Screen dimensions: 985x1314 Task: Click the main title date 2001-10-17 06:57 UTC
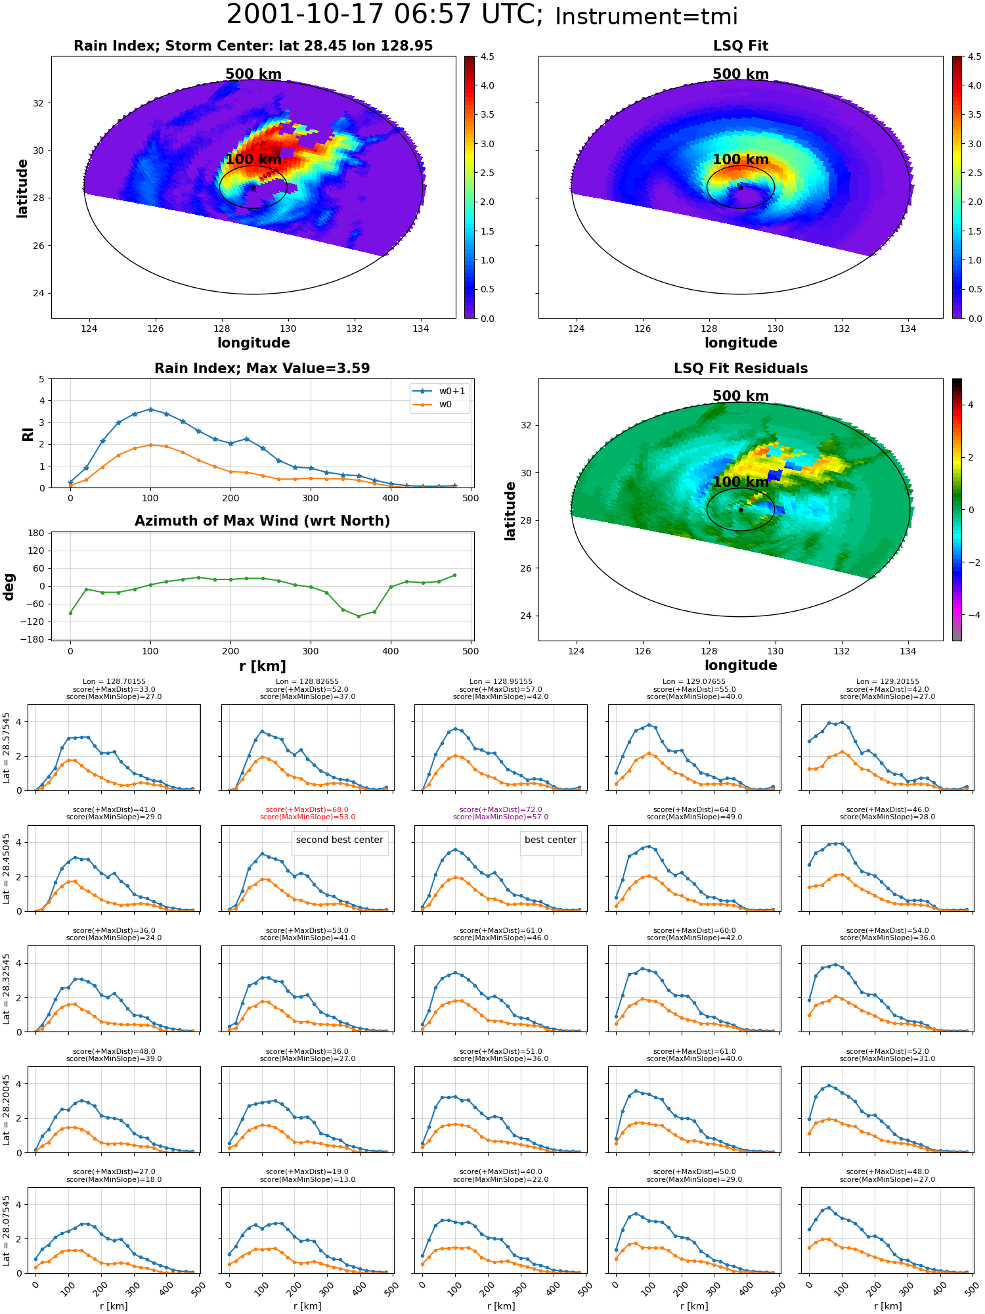385,15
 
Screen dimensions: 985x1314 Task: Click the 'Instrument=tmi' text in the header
646,17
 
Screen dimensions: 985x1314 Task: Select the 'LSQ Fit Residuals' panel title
741,369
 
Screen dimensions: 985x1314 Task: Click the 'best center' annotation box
550,840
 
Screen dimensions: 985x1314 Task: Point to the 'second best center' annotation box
339,840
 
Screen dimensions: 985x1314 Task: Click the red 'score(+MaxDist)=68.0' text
307,810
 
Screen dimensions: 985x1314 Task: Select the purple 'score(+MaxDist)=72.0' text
501,810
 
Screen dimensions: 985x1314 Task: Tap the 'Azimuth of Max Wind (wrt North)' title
262,521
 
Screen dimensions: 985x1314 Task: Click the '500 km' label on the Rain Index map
253,74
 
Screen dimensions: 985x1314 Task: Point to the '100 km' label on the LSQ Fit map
741,160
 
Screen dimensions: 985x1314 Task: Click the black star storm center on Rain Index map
253,187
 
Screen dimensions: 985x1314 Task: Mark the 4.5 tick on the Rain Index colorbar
487,57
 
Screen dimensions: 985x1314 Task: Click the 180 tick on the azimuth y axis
36,533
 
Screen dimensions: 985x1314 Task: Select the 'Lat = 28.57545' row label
7,748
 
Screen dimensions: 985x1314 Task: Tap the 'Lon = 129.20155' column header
888,682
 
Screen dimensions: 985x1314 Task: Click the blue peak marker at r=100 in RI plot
150,409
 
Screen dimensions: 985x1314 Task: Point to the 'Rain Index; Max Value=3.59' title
262,369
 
